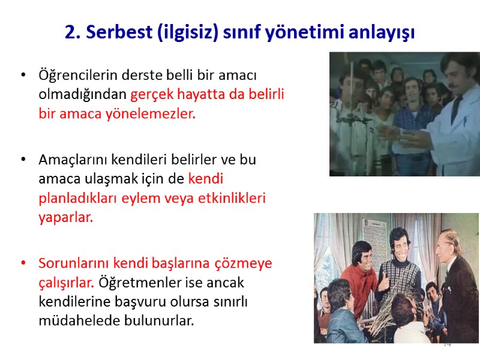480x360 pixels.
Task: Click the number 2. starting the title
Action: tap(73, 32)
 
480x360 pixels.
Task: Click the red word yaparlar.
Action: tap(65, 217)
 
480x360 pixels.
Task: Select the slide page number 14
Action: tap(446, 344)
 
